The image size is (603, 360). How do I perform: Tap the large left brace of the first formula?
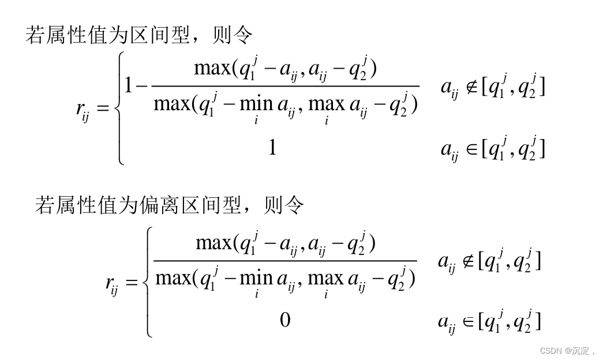(x=120, y=108)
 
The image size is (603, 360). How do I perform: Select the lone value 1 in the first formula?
(x=272, y=149)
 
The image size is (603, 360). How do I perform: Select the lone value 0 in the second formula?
(x=285, y=319)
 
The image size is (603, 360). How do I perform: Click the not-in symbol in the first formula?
(x=471, y=88)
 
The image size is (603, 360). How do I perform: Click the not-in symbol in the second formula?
(x=467, y=262)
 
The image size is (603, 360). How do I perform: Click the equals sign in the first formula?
(x=103, y=109)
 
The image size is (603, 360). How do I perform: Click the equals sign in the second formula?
(x=132, y=282)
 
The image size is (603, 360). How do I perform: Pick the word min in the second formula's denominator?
(x=256, y=279)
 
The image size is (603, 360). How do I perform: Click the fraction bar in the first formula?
(x=285, y=87)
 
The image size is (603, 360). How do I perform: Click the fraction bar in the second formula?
(x=285, y=261)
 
